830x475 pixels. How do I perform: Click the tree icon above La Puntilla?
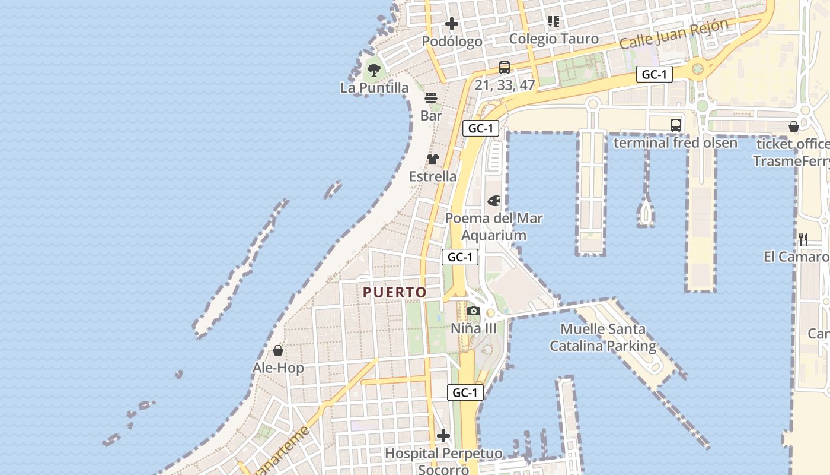pos(373,70)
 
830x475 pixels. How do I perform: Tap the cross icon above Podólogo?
pos(452,24)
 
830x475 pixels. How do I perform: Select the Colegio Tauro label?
pos(554,39)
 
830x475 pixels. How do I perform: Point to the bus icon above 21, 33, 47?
pos(505,68)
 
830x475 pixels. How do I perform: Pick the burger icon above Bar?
pos(431,98)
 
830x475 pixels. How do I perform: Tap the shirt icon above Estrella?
pos(433,159)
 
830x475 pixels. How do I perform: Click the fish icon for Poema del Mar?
pos(494,201)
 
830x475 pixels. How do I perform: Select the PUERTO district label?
pos(395,292)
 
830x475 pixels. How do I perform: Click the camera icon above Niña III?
pos(473,311)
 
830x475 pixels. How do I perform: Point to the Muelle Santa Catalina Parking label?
pos(603,337)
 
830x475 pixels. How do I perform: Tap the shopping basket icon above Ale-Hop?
pos(278,350)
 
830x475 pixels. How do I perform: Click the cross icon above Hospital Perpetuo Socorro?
pos(443,436)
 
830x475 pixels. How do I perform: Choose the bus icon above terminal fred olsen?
pos(676,125)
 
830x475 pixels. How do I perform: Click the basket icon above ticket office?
pos(794,126)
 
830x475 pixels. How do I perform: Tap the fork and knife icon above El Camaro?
pos(803,239)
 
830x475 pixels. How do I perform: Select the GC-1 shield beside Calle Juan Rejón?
pos(655,75)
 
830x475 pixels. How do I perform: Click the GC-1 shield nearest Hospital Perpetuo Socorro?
pos(465,392)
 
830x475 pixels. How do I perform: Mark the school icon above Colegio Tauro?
pos(554,22)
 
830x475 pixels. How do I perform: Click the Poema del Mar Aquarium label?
pos(494,227)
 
